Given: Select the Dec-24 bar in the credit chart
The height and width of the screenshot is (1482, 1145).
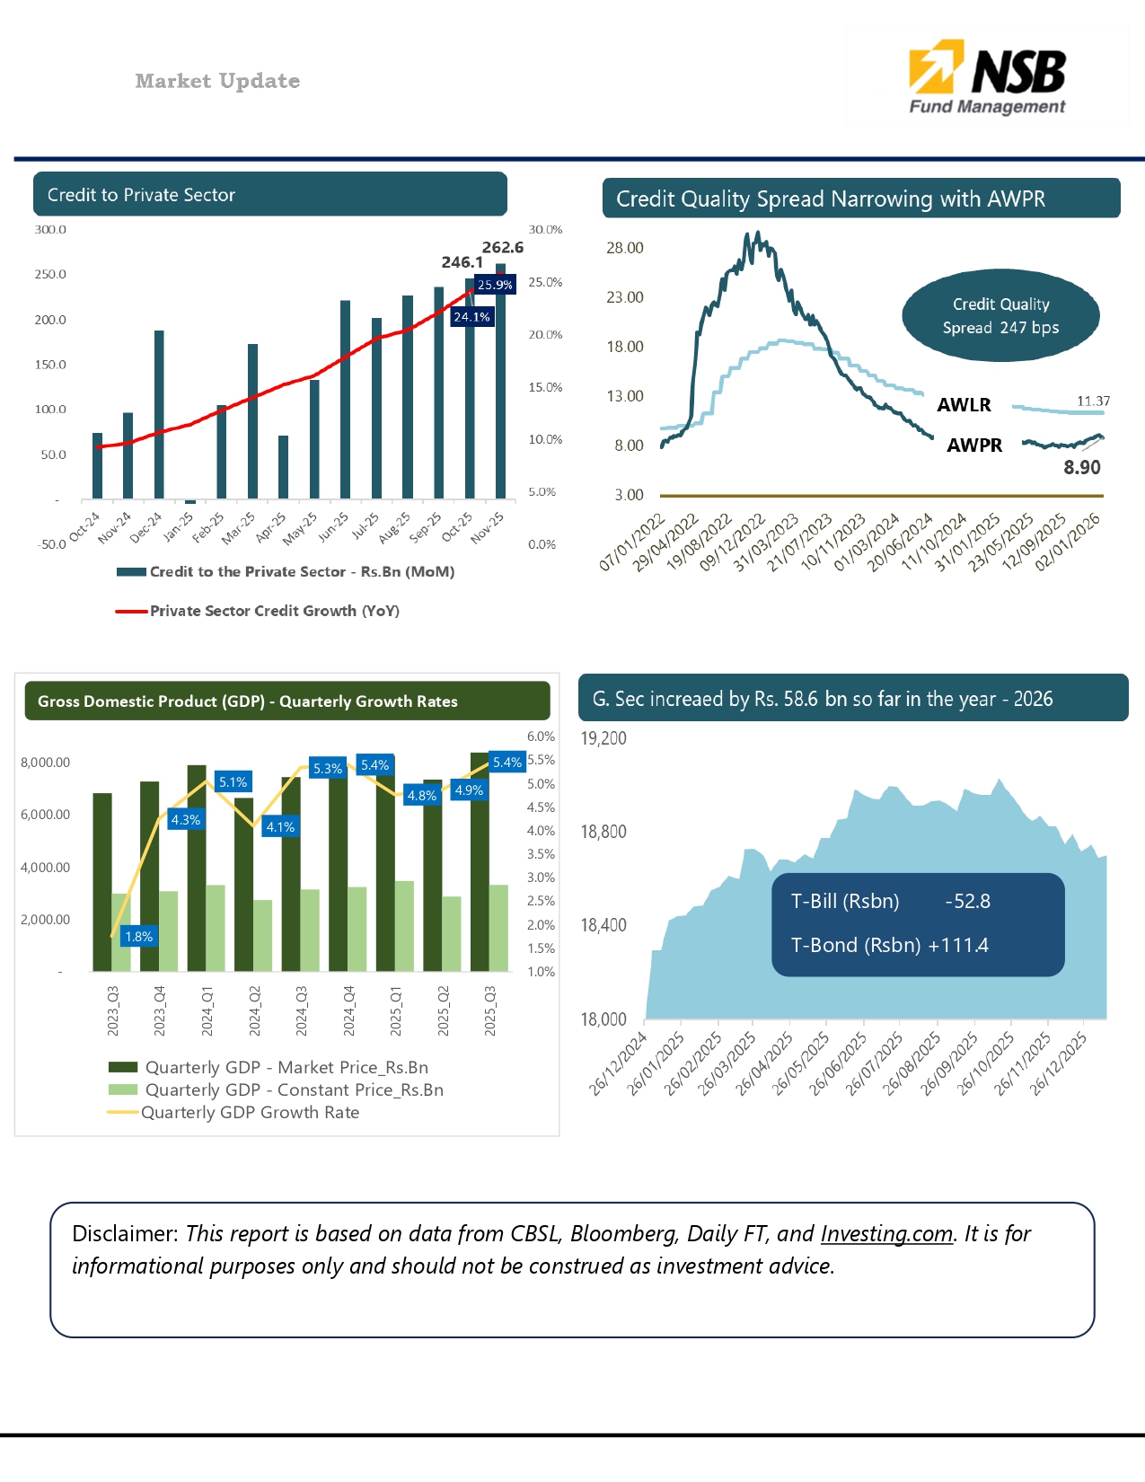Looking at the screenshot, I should (159, 413).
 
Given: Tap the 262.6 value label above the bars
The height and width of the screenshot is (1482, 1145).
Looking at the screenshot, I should (503, 247).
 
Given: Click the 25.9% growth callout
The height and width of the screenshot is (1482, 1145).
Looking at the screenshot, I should (495, 285).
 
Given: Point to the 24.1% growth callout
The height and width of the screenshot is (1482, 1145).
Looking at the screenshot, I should (471, 317).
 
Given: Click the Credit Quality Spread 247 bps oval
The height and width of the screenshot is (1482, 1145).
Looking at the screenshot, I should (1000, 316).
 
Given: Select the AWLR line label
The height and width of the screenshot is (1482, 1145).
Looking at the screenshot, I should (964, 405).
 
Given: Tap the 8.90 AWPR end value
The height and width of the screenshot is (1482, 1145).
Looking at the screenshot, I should (1081, 467).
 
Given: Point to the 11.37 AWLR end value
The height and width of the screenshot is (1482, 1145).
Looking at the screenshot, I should (1093, 401).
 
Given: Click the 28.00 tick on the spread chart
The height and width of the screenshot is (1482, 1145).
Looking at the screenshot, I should (624, 248).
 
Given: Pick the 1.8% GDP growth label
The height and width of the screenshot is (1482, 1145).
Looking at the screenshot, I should (138, 936).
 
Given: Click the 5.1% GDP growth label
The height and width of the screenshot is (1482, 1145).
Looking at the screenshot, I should (233, 781).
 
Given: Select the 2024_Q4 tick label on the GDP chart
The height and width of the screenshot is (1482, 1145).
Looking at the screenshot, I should (349, 1010).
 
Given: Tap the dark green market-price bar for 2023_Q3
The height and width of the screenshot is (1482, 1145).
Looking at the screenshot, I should (102, 880).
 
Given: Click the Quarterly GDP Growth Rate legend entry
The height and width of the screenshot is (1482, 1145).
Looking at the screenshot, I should (250, 1112).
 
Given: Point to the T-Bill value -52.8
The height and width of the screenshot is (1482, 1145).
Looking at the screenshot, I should (967, 901).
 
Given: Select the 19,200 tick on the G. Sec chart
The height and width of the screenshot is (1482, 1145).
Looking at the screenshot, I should (603, 738).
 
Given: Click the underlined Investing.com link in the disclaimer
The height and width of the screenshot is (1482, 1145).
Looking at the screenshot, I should (886, 1233).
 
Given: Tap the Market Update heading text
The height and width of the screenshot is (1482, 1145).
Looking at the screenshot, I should (217, 81).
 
